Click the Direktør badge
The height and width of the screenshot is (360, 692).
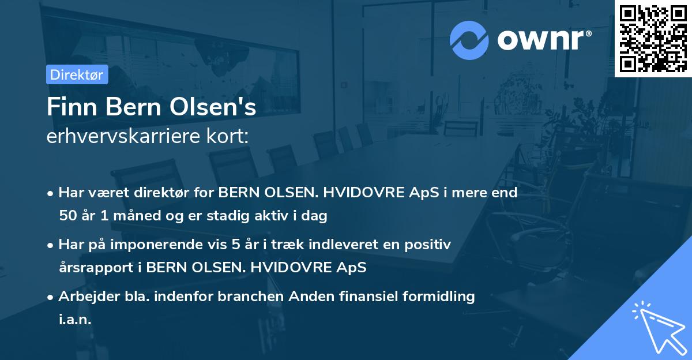(x=77, y=74)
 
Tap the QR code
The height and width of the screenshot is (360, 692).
(x=653, y=38)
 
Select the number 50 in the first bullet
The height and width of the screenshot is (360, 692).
(x=67, y=216)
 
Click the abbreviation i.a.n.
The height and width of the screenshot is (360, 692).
(x=75, y=320)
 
